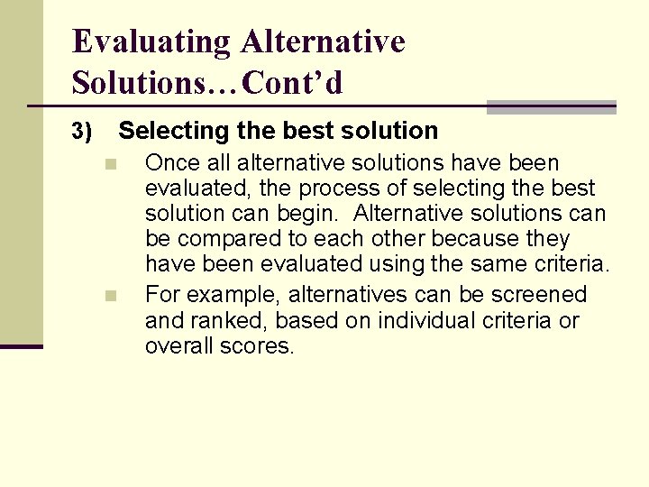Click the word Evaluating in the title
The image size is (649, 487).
(x=151, y=41)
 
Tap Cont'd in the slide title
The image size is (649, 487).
(x=293, y=83)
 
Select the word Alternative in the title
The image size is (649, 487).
(x=323, y=41)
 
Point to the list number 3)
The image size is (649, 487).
(x=82, y=132)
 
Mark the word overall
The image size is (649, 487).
(x=179, y=345)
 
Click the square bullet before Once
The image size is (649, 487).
(x=110, y=164)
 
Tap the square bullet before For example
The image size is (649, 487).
(x=110, y=296)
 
